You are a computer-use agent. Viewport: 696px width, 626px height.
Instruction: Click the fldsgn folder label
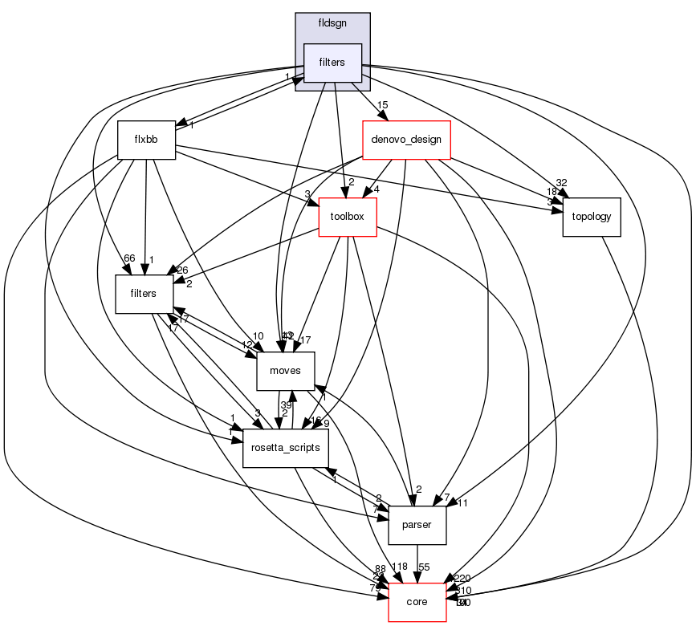tap(332, 23)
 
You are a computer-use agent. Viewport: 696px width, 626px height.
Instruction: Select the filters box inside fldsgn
tap(332, 63)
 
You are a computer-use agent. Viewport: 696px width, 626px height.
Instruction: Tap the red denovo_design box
tap(406, 140)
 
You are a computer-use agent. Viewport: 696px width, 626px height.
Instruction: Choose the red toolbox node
tap(348, 217)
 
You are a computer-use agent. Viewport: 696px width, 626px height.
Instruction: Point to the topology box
tap(592, 217)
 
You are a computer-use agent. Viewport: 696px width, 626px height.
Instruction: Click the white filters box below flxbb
tap(146, 295)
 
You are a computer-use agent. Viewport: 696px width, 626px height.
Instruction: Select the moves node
tap(285, 372)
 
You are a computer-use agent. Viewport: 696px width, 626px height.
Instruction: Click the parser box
tap(417, 525)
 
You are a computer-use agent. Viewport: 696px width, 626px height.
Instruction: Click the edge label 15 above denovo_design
tap(383, 105)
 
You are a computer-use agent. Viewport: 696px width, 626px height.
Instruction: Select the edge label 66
tap(128, 258)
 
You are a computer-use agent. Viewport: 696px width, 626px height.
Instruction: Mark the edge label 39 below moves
tap(285, 404)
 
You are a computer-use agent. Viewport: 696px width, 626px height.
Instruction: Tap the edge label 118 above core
tap(399, 567)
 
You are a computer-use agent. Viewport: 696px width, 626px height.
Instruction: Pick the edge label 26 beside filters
tap(181, 270)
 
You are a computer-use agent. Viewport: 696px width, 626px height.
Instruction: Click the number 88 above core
tap(381, 569)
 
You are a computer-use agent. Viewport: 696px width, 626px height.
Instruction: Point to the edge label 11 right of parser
tap(462, 503)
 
